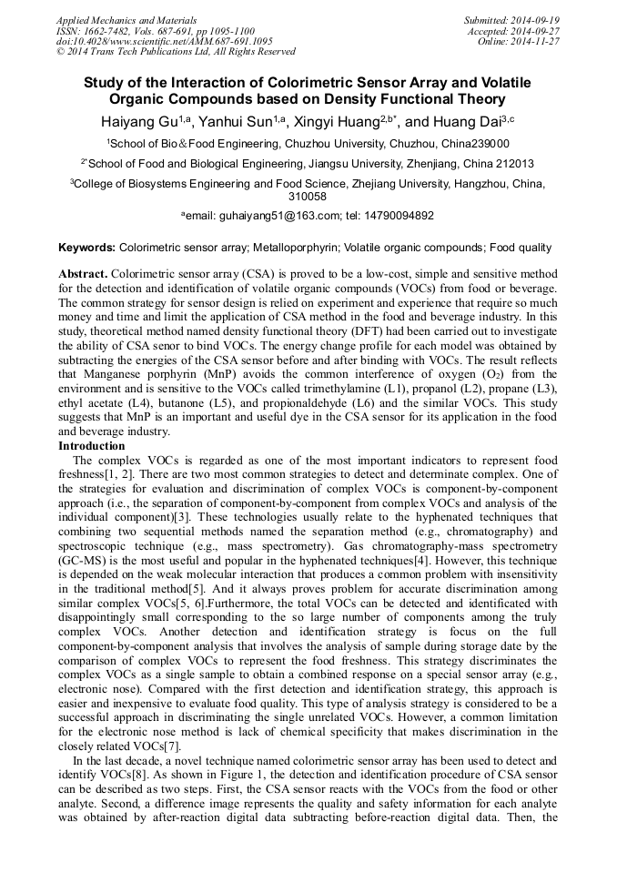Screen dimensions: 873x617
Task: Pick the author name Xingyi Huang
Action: click(348, 121)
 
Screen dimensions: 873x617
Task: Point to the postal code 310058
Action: click(308, 196)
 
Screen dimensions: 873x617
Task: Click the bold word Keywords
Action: click(86, 247)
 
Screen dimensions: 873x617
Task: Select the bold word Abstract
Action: click(83, 274)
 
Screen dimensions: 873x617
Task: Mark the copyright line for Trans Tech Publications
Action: click(176, 52)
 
